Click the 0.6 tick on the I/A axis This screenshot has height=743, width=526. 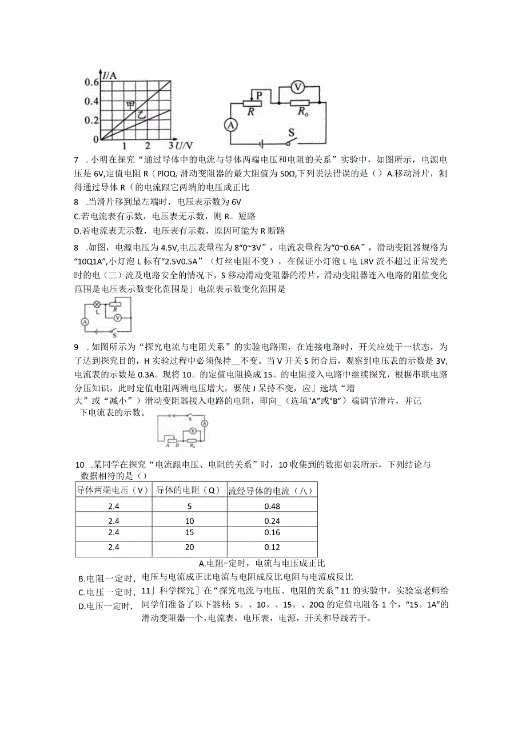(x=92, y=82)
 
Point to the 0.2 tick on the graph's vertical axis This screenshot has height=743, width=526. (x=92, y=121)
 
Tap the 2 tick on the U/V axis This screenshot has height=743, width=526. (x=148, y=146)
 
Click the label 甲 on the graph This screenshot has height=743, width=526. (x=131, y=105)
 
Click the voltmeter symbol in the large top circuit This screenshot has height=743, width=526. (x=297, y=87)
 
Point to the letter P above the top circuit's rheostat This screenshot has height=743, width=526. (x=258, y=95)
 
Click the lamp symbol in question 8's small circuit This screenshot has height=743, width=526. (x=97, y=304)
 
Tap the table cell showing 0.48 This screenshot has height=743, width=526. (x=272, y=506)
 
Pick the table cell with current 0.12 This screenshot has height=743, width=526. (x=272, y=548)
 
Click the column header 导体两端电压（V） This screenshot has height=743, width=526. (x=113, y=489)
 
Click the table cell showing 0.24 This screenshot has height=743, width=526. (x=272, y=520)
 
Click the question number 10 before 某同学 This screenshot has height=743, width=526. (x=80, y=465)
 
